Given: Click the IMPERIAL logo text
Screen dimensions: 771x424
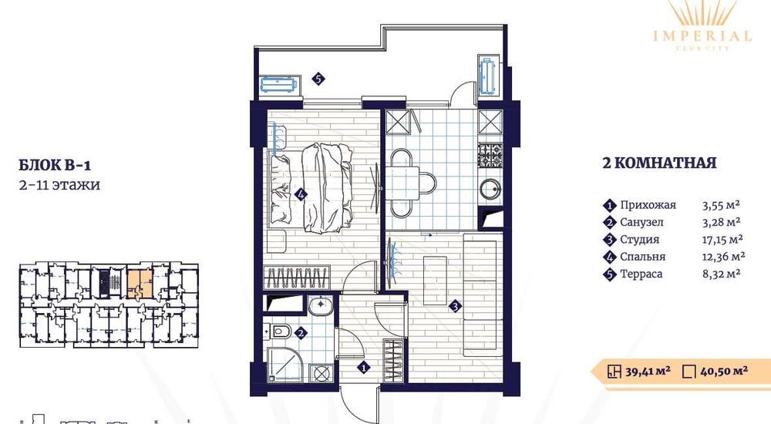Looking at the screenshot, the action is (702, 35).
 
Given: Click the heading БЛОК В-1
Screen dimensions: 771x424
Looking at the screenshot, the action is (55, 165).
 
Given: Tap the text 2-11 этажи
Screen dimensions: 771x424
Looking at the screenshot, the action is (59, 185).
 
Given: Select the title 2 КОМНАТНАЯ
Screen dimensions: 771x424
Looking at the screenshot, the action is (659, 163).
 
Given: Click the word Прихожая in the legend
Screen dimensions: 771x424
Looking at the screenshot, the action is (648, 205).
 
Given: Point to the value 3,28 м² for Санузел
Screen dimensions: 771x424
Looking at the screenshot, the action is (722, 222).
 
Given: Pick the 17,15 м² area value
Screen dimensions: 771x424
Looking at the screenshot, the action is (723, 240).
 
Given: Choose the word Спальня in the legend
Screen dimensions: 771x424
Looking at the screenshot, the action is (642, 257).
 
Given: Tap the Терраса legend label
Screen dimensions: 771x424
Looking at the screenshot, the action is (641, 274).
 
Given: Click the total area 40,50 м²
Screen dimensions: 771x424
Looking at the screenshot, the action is (724, 371).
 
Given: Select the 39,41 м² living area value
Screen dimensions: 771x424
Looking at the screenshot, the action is (648, 371).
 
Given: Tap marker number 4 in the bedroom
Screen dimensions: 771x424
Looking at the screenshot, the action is (301, 194).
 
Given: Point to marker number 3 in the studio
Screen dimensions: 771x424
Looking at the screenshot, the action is (456, 307).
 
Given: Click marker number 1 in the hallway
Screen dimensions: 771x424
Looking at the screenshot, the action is (363, 367).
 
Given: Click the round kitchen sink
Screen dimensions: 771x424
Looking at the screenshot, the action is (490, 189).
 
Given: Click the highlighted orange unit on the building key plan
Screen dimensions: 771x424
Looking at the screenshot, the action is (140, 283).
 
